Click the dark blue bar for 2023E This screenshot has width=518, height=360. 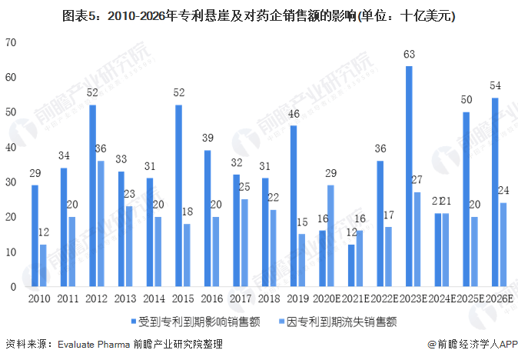[409, 176]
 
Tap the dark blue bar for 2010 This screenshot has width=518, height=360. [35, 235]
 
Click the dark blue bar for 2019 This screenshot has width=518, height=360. [294, 206]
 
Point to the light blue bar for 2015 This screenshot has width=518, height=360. [187, 255]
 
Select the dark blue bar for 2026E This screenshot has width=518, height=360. [495, 192]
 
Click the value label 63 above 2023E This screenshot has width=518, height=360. [409, 55]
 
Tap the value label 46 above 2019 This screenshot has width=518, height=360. [294, 114]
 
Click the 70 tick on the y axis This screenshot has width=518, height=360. [10, 42]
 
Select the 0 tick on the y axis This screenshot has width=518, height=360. [13, 286]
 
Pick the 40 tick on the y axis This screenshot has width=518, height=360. [10, 147]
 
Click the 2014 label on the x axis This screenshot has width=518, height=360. [154, 298]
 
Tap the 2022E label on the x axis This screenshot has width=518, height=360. [384, 298]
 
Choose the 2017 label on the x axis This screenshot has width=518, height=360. [241, 298]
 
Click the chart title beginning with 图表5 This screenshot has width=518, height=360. [259, 15]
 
